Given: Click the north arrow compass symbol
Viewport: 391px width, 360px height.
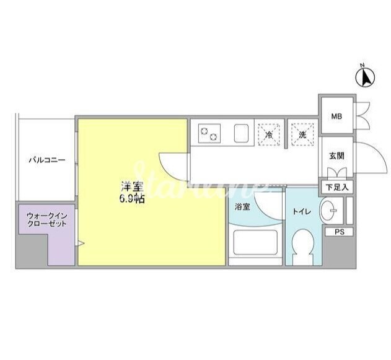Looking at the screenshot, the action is click(365, 77).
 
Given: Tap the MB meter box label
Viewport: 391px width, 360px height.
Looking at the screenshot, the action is click(336, 116).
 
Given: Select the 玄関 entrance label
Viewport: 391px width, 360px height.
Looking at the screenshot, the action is click(337, 156).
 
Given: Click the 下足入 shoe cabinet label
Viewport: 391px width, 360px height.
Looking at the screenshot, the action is click(337, 187).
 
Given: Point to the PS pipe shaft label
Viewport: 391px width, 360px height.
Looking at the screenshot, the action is click(340, 232).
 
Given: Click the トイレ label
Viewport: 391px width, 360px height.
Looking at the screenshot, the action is click(302, 212).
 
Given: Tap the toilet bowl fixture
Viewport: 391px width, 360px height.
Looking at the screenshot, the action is click(303, 246).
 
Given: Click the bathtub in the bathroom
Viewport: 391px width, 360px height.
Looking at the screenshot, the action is click(255, 242).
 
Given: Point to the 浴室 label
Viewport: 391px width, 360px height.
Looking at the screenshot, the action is click(242, 207).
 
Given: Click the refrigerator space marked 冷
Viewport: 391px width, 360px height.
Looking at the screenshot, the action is click(269, 134).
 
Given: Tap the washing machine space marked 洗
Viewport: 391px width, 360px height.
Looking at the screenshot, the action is click(302, 134).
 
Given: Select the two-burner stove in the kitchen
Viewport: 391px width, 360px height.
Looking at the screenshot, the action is click(209, 133).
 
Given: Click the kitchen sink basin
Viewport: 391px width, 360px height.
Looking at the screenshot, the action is click(241, 133).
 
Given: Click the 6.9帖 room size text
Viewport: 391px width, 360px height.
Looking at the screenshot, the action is click(132, 198).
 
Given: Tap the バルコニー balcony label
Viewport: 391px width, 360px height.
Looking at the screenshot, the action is click(47, 160).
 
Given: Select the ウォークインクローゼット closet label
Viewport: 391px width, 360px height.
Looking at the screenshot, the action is click(47, 219).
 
